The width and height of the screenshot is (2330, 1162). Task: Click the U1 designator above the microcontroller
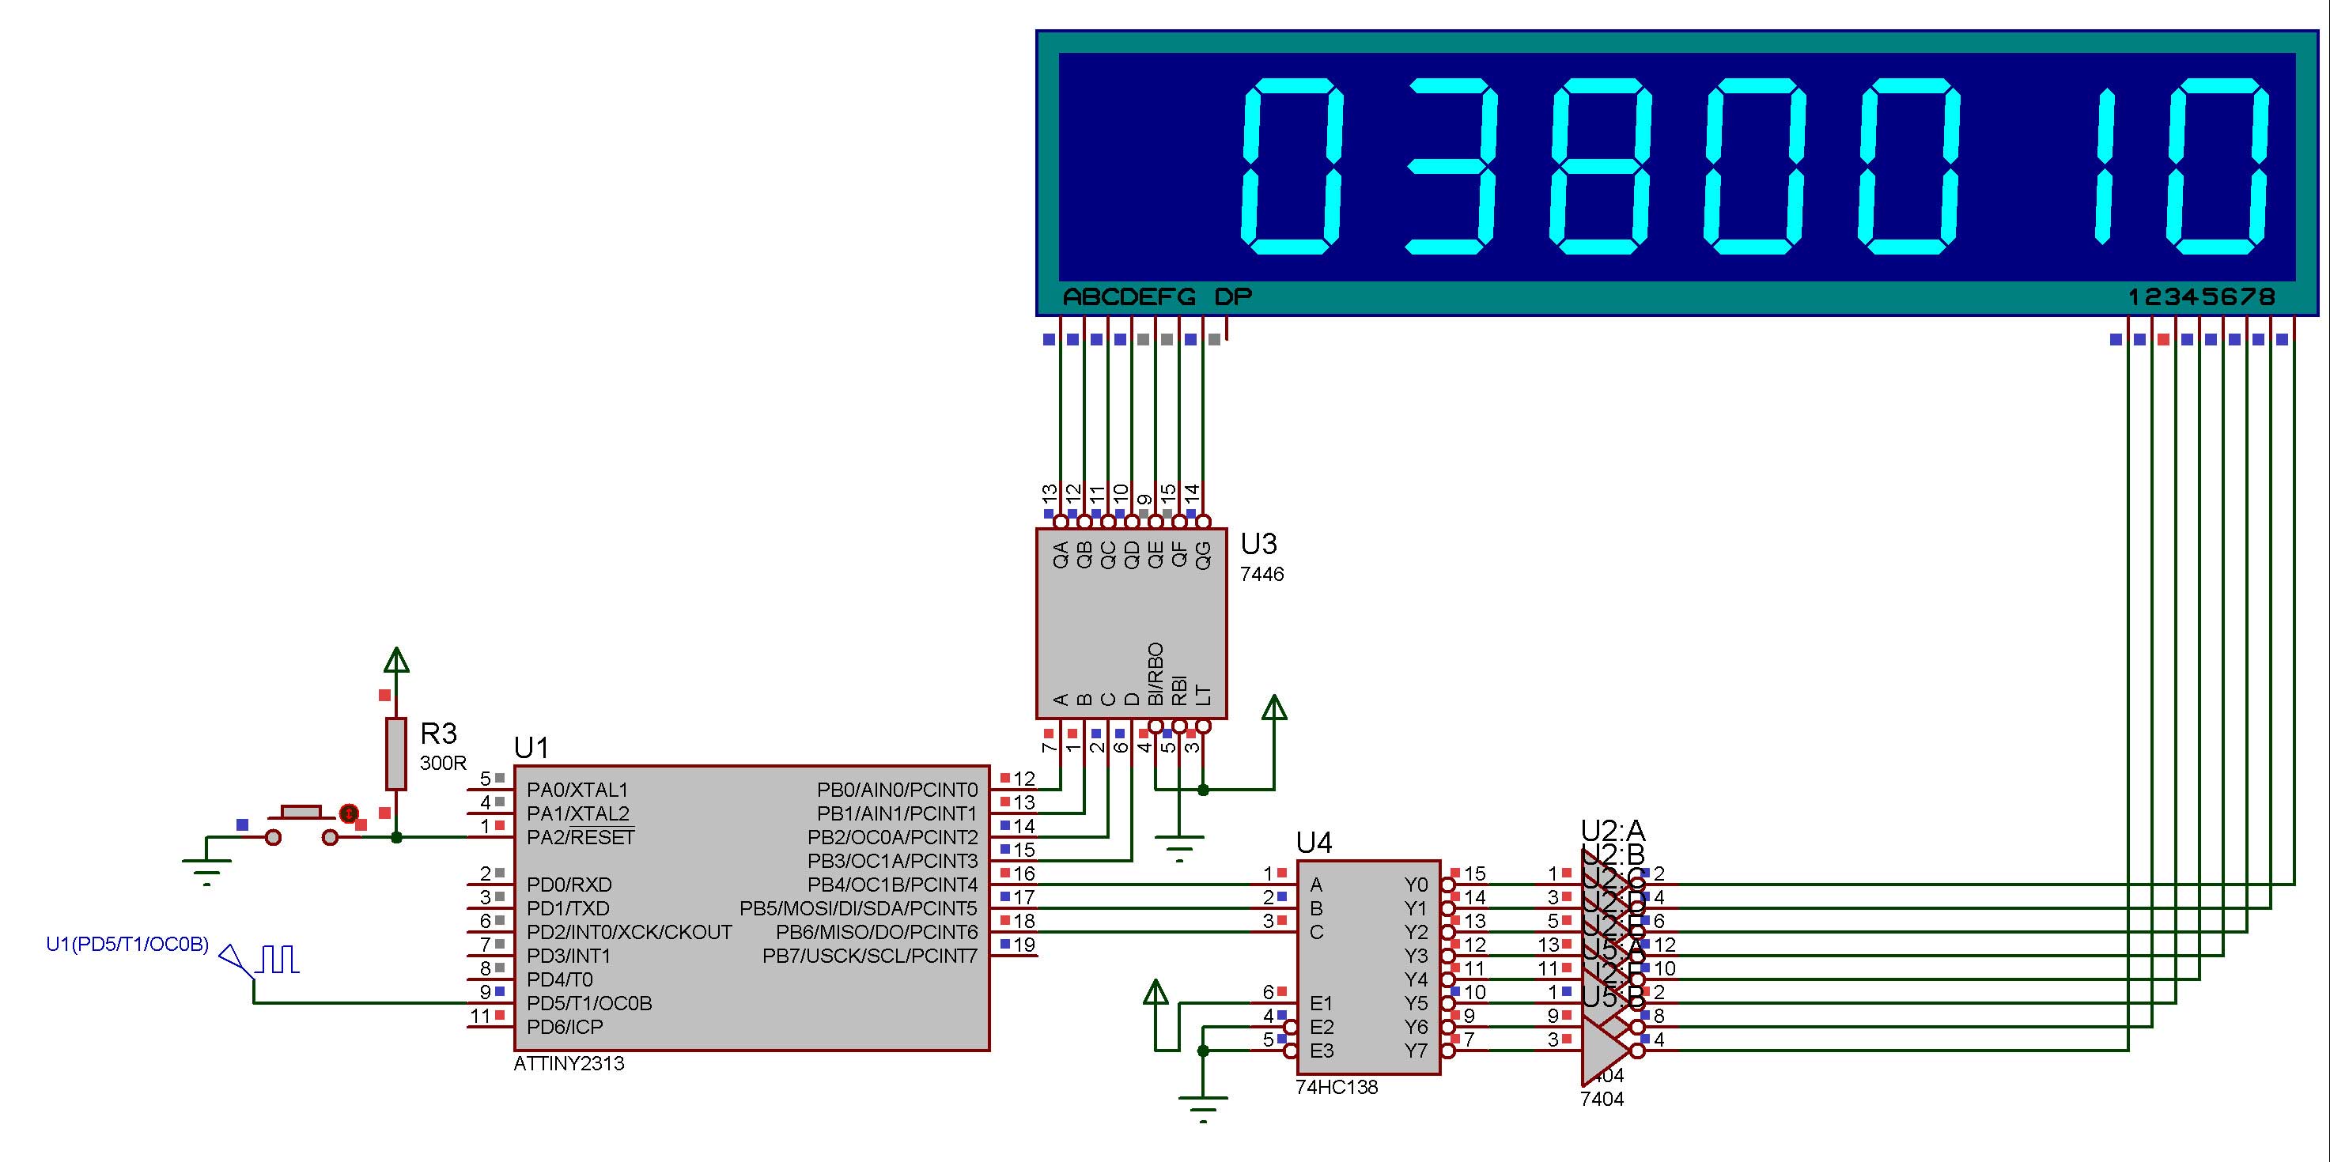pyautogui.click(x=531, y=748)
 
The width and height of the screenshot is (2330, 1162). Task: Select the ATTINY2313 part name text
pyautogui.click(x=568, y=1063)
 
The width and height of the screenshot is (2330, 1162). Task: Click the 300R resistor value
pyautogui.click(x=442, y=764)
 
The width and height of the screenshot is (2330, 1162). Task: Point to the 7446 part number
pyautogui.click(x=1261, y=574)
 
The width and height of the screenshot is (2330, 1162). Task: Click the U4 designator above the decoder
pyautogui.click(x=1314, y=843)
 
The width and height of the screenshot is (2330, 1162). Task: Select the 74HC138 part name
pyautogui.click(x=1336, y=1087)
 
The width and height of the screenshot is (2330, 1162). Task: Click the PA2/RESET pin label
pyautogui.click(x=580, y=837)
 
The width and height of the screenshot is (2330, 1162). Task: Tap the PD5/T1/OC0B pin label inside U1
pyautogui.click(x=589, y=1003)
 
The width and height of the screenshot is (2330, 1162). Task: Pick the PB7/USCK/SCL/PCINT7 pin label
pyautogui.click(x=869, y=956)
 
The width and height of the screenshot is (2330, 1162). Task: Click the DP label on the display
pyautogui.click(x=1232, y=296)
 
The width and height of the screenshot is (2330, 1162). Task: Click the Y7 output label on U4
pyautogui.click(x=1416, y=1051)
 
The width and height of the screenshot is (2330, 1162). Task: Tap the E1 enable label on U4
pyautogui.click(x=1321, y=1003)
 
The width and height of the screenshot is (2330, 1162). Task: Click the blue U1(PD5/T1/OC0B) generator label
pyautogui.click(x=127, y=945)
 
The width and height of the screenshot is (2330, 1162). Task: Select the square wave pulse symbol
pyautogui.click(x=279, y=960)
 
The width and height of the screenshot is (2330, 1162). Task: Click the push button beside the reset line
pyautogui.click(x=301, y=823)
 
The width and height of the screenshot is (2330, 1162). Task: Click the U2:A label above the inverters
pyautogui.click(x=1612, y=830)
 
